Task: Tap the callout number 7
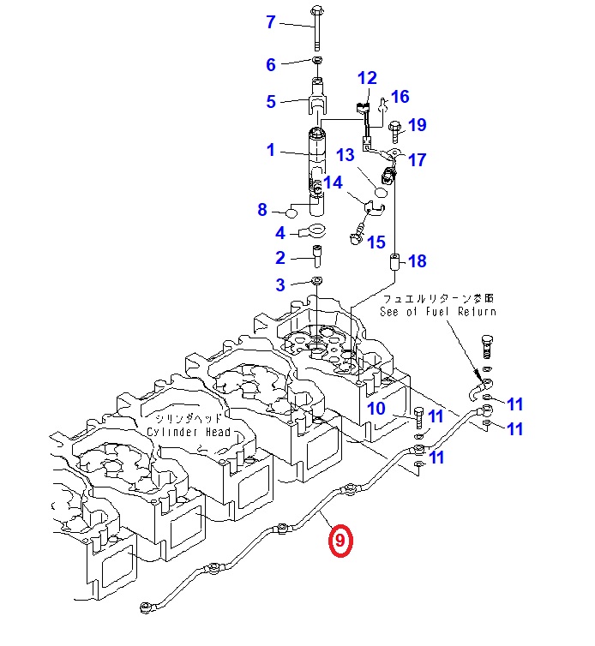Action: [271, 22]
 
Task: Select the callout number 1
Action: [271, 151]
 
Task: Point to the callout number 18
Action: [417, 261]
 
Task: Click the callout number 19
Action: [417, 126]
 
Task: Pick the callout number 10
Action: [376, 409]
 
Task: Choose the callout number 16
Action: [400, 97]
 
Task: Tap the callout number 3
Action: [280, 284]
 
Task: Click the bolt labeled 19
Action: [395, 131]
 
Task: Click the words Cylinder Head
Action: [188, 433]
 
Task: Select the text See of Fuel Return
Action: [437, 312]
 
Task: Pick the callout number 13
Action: [345, 155]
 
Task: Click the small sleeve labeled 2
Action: [316, 255]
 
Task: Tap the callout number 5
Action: [271, 102]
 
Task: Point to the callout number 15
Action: [376, 243]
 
